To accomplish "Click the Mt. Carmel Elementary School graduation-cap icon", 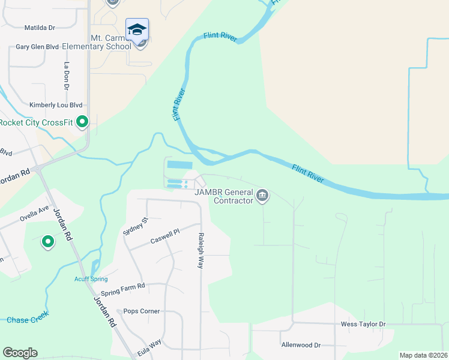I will point(137,29).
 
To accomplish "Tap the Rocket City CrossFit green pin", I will point(83,122).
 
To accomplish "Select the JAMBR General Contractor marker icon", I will point(262,196).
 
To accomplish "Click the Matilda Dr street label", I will point(40,28).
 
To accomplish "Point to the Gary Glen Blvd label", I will point(37,47).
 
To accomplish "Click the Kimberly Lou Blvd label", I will point(56,105).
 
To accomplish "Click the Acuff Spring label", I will point(91,279).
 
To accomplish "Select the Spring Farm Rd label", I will point(124,287).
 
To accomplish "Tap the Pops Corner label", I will point(142,311).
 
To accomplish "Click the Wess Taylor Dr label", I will point(363,324).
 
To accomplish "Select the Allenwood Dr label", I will point(301,345).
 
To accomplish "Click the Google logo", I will point(20,353).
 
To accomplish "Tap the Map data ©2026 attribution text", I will point(424,355).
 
